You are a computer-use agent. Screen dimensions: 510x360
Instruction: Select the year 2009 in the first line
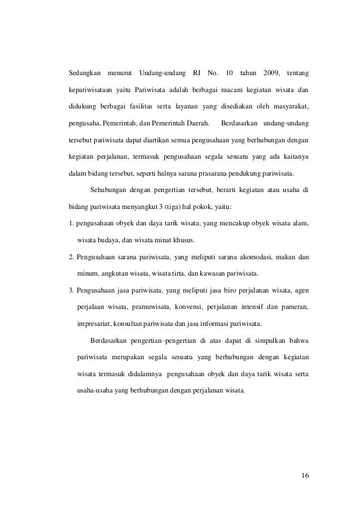271,73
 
